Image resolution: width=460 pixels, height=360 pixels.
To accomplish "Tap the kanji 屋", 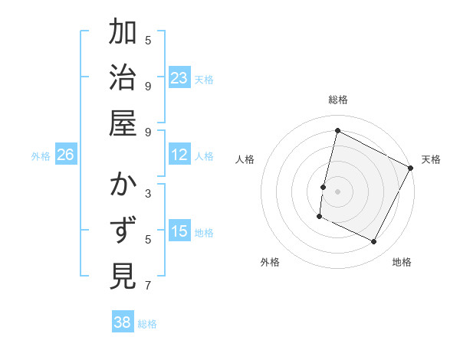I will (x=123, y=123).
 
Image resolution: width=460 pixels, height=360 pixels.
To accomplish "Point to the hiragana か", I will (x=123, y=186).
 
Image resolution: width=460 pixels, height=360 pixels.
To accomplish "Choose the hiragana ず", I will (x=123, y=231).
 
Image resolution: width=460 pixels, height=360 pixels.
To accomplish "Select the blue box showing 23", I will (x=179, y=78).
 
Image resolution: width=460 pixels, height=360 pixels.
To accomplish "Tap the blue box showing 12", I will (x=179, y=155).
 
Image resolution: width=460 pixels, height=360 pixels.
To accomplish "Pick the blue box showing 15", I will (x=179, y=231).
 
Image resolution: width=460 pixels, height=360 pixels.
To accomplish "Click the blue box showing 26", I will (x=66, y=155).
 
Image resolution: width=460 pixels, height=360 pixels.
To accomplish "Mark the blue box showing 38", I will (x=123, y=322).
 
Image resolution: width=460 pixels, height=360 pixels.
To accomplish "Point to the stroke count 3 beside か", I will (x=148, y=193).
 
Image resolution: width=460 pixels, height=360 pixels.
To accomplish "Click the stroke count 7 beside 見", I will (x=148, y=286).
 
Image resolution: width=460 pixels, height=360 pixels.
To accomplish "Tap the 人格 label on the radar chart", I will (x=245, y=159).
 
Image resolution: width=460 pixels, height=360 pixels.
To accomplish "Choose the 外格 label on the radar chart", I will (x=270, y=262).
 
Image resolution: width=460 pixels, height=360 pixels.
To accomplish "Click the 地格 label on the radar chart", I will (x=402, y=262).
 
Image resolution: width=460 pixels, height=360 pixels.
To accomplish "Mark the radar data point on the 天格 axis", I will (x=410, y=167).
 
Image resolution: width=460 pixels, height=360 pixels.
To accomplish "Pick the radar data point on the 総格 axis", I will (x=337, y=131).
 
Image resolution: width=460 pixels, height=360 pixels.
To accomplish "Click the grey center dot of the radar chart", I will (x=337, y=190).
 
